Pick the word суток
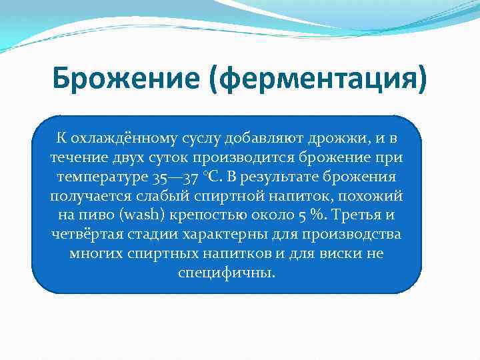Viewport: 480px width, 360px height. point(171,158)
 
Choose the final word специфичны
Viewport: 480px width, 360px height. point(227,274)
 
